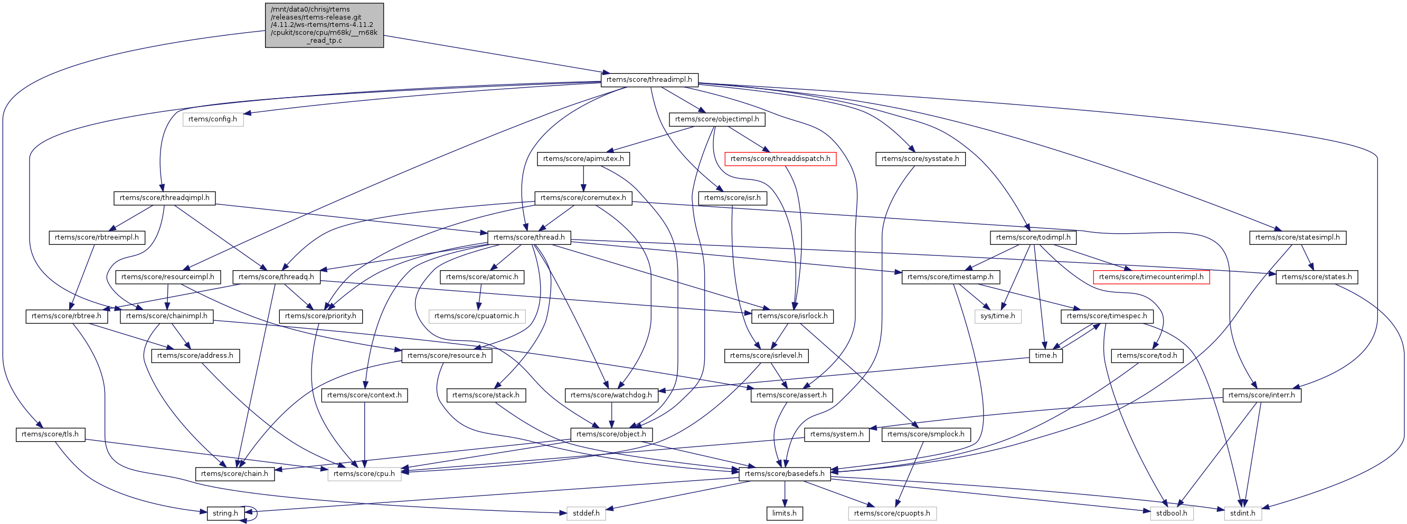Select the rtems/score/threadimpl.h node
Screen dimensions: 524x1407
[x=649, y=80]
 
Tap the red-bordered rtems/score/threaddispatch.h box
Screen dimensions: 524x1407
[x=779, y=159]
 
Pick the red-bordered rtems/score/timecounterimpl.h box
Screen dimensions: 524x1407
[x=1151, y=277]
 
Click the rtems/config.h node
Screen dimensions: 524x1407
[x=212, y=119]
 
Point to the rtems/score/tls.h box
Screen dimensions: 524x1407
[x=50, y=434]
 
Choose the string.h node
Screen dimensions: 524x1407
[x=225, y=513]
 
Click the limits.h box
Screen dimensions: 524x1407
[x=785, y=513]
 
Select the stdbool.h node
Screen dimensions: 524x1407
[x=1171, y=513]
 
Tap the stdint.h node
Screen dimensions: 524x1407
[x=1243, y=513]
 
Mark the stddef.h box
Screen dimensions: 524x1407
[x=586, y=513]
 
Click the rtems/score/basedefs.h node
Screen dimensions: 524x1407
[x=785, y=474]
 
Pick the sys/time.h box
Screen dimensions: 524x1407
[x=997, y=316]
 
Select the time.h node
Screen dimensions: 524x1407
[x=1045, y=356]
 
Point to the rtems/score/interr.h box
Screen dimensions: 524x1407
[x=1261, y=395]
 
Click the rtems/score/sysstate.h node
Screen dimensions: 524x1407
[x=920, y=159]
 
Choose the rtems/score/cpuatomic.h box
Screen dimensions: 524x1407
[x=477, y=316]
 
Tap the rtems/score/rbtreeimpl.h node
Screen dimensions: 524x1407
[x=97, y=237]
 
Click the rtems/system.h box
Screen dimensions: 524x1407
[x=837, y=434]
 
